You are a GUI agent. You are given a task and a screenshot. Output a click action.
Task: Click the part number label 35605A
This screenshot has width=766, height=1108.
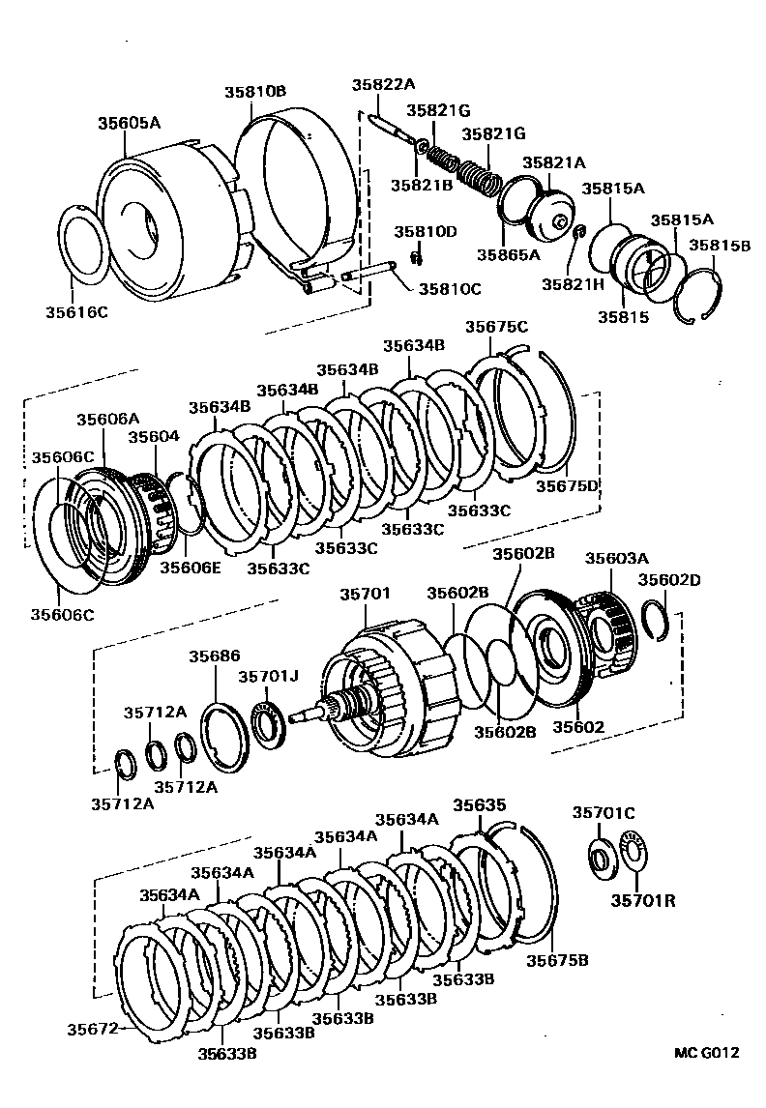click(129, 123)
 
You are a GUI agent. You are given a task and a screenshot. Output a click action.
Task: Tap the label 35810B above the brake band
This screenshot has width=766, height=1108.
click(255, 92)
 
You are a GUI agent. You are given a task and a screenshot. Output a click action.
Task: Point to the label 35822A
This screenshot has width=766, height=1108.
click(383, 84)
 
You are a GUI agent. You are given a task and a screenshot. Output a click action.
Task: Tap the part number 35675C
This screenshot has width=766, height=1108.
click(496, 327)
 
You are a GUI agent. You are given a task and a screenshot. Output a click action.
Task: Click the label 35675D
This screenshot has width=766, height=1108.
click(568, 486)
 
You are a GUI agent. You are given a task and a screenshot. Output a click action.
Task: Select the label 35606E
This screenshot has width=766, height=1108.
click(191, 568)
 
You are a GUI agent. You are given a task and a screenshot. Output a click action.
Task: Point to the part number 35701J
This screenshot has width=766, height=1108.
click(269, 677)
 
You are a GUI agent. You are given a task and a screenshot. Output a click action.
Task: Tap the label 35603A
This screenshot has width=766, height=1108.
click(616, 558)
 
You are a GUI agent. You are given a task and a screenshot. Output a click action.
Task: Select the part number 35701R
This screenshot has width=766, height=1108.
click(643, 901)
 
